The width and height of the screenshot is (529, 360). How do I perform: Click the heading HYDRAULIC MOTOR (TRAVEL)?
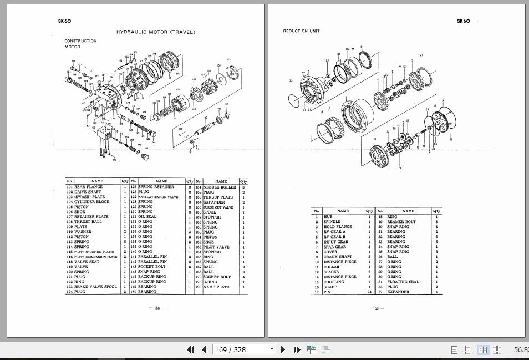click(155, 32)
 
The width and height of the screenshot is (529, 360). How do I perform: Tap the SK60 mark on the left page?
click(64, 21)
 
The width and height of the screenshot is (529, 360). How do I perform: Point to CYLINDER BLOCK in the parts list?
click(91, 202)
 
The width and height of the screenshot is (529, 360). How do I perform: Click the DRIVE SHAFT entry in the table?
click(88, 192)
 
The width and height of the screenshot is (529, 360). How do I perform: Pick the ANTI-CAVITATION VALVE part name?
click(158, 197)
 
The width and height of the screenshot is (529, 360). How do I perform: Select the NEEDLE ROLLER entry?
click(219, 187)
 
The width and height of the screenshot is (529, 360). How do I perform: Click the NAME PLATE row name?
click(216, 287)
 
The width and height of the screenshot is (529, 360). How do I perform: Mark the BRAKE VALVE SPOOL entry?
click(95, 287)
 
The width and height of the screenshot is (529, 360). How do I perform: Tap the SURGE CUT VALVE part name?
click(218, 207)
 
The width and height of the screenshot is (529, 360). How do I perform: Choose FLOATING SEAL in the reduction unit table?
click(403, 282)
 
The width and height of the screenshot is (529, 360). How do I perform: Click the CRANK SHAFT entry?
click(338, 257)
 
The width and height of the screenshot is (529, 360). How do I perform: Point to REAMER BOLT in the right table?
click(401, 222)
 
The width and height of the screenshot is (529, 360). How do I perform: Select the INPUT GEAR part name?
click(336, 242)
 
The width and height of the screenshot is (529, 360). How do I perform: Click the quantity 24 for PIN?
click(369, 292)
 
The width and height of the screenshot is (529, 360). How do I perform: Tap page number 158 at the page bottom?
click(157, 308)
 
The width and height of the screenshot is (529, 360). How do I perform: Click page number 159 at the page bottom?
click(375, 308)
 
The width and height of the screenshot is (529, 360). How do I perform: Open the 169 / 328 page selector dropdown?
click(272, 349)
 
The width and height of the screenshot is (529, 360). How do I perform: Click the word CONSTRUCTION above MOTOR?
click(80, 41)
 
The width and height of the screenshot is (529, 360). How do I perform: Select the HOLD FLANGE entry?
click(338, 227)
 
